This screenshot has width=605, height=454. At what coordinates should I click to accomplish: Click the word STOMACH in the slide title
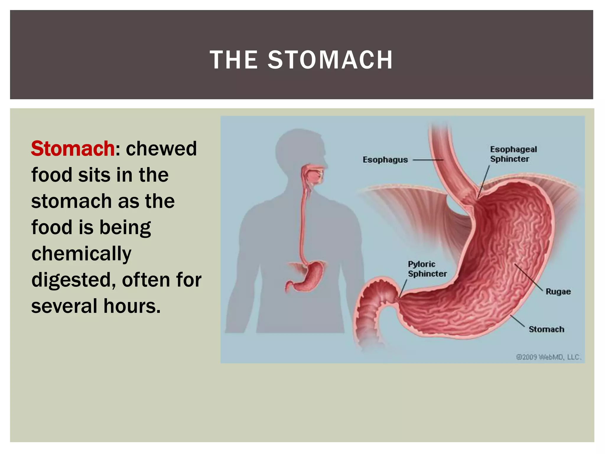click(x=330, y=60)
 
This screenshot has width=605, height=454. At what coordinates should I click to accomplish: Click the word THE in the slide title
click(x=234, y=60)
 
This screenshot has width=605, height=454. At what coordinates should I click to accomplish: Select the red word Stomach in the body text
click(x=73, y=148)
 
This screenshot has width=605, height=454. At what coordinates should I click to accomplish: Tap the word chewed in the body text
click(x=161, y=148)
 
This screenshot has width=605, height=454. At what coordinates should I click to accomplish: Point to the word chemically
click(x=81, y=254)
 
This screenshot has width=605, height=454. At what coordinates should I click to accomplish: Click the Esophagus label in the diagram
click(x=385, y=160)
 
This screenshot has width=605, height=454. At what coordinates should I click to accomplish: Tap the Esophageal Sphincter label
click(x=513, y=154)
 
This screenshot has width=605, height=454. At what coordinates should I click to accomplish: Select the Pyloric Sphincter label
click(x=427, y=269)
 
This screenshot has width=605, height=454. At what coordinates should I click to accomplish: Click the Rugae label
click(x=558, y=292)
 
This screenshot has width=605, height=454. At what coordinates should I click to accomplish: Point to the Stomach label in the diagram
click(x=546, y=329)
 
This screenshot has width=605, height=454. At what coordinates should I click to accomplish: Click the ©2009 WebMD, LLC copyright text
click(x=548, y=357)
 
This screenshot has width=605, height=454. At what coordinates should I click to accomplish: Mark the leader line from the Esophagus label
click(x=428, y=160)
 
